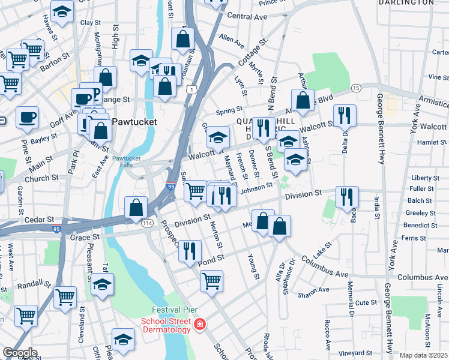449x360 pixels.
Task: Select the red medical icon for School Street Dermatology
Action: [x=199, y=326]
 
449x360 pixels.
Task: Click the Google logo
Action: [x=20, y=353]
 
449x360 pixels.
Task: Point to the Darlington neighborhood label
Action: [x=406, y=2]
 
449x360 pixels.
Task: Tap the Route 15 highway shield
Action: [x=356, y=88]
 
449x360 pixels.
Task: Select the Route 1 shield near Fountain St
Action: [x=190, y=89]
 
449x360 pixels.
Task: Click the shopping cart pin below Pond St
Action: [x=211, y=280]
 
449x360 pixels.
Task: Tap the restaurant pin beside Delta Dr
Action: [x=345, y=115]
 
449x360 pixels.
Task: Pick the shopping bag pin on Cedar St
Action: [x=137, y=207]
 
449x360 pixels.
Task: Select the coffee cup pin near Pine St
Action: [x=26, y=116]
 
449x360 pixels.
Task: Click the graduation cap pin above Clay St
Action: [x=62, y=11]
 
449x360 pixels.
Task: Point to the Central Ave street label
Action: [x=247, y=16]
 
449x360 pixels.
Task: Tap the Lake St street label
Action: [x=321, y=247]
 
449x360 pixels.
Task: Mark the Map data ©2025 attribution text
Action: [x=423, y=355]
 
